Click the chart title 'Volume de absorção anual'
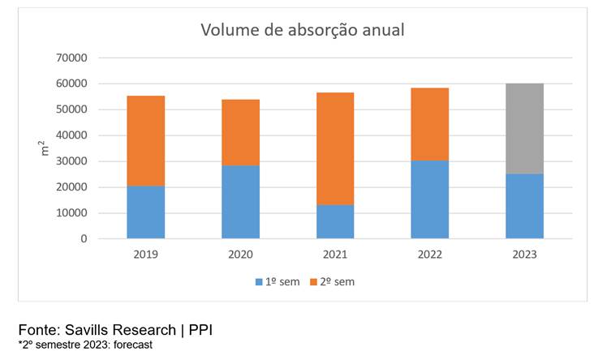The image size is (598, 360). tap(303, 31)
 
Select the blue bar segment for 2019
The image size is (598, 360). tap(146, 212)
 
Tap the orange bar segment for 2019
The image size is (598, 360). tap(146, 141)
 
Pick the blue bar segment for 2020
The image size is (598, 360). tap(240, 202)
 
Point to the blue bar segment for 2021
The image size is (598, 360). tap(335, 221)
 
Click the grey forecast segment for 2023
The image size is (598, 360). tap(524, 128)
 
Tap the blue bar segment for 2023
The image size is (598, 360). tap(524, 206)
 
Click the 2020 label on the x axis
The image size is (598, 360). tap(240, 254)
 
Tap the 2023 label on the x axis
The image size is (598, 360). tap(524, 254)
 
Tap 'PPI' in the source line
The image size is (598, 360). tap(200, 330)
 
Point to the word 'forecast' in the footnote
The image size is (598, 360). tap(129, 345)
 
